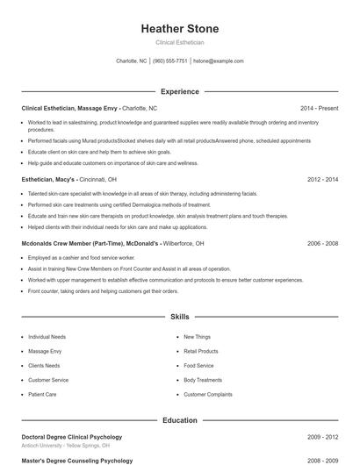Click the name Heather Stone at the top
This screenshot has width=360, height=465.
point(180,29)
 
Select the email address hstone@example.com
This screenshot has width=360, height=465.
point(218,61)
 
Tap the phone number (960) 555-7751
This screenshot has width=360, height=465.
point(170,61)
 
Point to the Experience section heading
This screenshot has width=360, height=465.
point(180,91)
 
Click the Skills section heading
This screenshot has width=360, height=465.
point(180,316)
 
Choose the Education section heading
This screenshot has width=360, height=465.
point(180,420)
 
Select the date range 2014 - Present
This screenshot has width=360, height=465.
point(319,108)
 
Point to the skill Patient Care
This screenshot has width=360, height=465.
point(42,395)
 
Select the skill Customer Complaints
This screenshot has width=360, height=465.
point(208,395)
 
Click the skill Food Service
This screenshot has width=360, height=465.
point(198,365)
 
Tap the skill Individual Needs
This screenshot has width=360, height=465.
point(47,336)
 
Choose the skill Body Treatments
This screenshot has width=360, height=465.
point(203,380)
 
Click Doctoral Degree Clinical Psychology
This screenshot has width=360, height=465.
point(71,436)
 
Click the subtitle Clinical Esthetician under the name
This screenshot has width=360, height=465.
point(180,42)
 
